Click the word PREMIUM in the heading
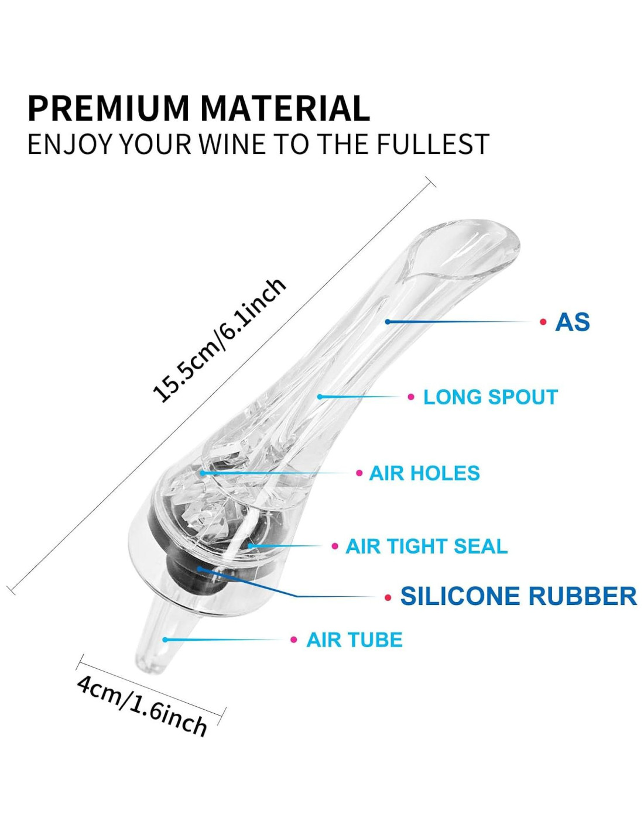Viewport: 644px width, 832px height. click(109, 108)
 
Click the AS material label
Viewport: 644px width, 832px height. click(572, 322)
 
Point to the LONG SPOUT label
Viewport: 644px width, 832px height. click(490, 397)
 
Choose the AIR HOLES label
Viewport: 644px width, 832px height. click(424, 473)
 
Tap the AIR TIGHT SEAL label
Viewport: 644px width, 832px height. click(426, 546)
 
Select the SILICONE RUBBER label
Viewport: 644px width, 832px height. click(518, 596)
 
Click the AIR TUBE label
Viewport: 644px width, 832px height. click(354, 640)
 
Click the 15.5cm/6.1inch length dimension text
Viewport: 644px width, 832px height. click(219, 341)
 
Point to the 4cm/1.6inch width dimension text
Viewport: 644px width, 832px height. click(142, 705)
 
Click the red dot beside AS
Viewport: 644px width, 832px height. click(543, 322)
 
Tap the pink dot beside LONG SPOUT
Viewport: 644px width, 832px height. click(411, 397)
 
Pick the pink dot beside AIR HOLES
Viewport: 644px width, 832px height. click(359, 473)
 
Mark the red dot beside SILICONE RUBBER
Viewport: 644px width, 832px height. click(388, 597)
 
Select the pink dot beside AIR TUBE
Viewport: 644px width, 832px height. click(294, 640)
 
